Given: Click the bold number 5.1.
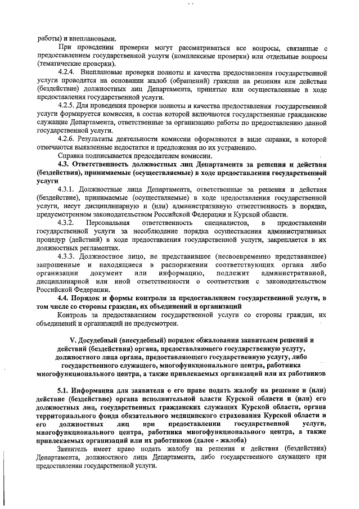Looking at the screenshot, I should pos(65,390).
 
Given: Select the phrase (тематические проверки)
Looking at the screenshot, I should pos(72,65).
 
